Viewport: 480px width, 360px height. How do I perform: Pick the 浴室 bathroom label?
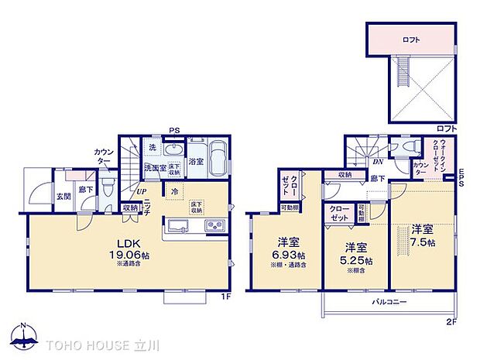[x=197, y=162]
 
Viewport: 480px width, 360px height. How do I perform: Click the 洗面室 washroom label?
[x=153, y=167]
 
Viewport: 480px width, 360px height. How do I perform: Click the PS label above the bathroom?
[x=177, y=131]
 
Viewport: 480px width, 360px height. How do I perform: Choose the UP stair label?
[x=142, y=192]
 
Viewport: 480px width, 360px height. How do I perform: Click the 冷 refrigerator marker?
[x=175, y=191]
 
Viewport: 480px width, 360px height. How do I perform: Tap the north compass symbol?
[x=23, y=335]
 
